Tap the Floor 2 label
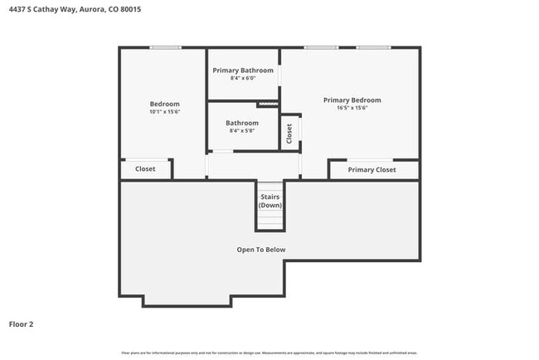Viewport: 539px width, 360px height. coord(22,324)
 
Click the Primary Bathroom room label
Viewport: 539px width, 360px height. coord(243,71)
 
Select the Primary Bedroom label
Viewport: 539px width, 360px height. coord(352,100)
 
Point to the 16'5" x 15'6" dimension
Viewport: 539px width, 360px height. coord(352,108)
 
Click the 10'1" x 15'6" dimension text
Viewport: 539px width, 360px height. coord(164,111)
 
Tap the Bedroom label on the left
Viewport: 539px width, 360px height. coord(164,104)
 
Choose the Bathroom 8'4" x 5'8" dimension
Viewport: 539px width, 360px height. coord(242,131)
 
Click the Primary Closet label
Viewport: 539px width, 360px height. coord(371,170)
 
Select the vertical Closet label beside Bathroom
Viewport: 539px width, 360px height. coord(289,134)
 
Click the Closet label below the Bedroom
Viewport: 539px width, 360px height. coord(145,169)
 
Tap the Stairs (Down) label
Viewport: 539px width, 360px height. coord(270,201)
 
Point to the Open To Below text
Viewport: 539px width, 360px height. coord(261,250)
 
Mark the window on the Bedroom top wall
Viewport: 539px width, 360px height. coord(165,47)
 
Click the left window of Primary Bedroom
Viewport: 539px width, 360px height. coord(320,47)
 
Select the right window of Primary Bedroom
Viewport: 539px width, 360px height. coord(373,47)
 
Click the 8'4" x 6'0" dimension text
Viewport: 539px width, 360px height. coord(243,79)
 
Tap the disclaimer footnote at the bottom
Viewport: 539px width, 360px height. coord(270,353)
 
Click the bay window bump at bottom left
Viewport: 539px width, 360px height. coord(186,300)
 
